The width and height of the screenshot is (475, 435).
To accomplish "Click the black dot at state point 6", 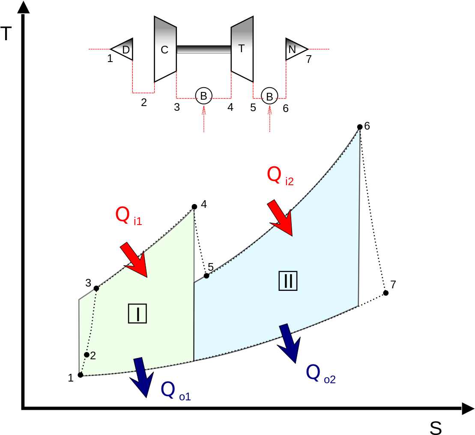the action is coord(360,127).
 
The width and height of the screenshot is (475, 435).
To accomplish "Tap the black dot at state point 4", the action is coord(194,207).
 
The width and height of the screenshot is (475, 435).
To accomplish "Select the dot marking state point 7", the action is coord(385,293).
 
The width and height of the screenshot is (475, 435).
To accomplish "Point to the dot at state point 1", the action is coord(80,375).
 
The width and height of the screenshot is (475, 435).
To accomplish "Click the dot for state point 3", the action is coord(96,288).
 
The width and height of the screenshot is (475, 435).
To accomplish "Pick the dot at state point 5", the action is coord(206,275).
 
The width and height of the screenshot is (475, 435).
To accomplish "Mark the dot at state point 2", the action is coord(87,355).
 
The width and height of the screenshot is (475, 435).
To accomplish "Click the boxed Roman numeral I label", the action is coord(137,314).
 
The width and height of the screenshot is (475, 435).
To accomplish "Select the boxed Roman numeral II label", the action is coord(288,281).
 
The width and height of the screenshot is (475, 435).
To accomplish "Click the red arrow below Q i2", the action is coord(281,218).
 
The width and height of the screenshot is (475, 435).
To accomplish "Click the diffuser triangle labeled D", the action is coord(122,49).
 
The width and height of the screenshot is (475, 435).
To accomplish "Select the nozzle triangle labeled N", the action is coord(297,49).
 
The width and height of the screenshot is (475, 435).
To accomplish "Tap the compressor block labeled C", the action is coord(165,49).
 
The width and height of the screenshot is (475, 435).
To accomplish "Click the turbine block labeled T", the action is coord(242,49).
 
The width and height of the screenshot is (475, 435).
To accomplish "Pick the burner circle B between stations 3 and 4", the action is coord(203,95).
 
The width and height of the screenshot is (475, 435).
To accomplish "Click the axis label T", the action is coord(6,33).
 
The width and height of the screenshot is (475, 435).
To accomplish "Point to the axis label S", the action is coord(436,428).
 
